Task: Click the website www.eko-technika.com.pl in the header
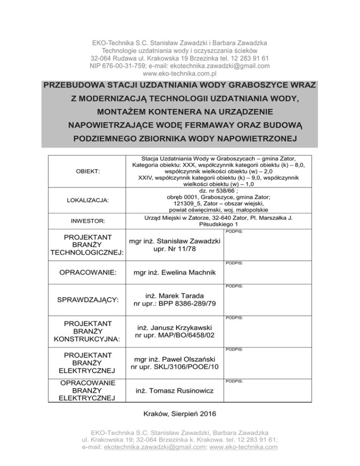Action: [x=180, y=74]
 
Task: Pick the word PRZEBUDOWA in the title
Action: [x=74, y=87]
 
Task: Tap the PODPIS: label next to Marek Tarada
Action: [x=234, y=285]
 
